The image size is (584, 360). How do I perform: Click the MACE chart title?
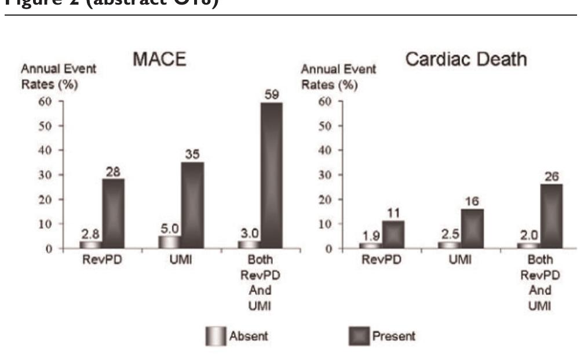pos(160,61)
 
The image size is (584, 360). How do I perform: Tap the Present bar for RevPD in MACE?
pos(113,213)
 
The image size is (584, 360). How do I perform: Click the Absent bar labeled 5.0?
pos(170,242)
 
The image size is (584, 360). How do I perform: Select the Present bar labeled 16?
pos(472,228)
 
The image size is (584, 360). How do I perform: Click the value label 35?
pos(192,155)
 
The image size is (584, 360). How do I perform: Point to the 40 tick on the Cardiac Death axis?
pos(326,151)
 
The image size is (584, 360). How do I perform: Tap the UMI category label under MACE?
pos(181,261)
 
